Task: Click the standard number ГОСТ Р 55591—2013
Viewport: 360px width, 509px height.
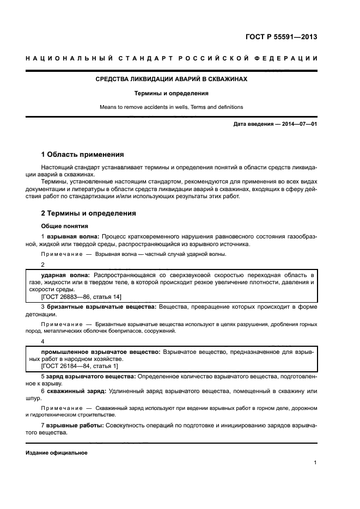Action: [x=282, y=38]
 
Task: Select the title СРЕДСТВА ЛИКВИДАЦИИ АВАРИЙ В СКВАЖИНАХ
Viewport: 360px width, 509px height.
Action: [x=171, y=79]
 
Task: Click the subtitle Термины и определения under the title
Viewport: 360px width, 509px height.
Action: [x=171, y=93]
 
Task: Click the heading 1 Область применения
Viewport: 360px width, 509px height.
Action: [x=83, y=154]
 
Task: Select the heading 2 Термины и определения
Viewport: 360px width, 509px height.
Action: [x=89, y=213]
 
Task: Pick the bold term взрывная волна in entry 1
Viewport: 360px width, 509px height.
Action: [x=72, y=237]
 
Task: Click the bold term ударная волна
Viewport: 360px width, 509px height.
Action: [x=65, y=276]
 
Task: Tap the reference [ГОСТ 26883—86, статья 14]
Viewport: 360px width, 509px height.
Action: [x=81, y=297]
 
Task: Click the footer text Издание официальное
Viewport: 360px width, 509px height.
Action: [x=57, y=453]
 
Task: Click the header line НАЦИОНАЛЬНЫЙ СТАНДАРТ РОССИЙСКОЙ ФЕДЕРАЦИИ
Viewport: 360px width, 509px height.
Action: [x=171, y=58]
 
